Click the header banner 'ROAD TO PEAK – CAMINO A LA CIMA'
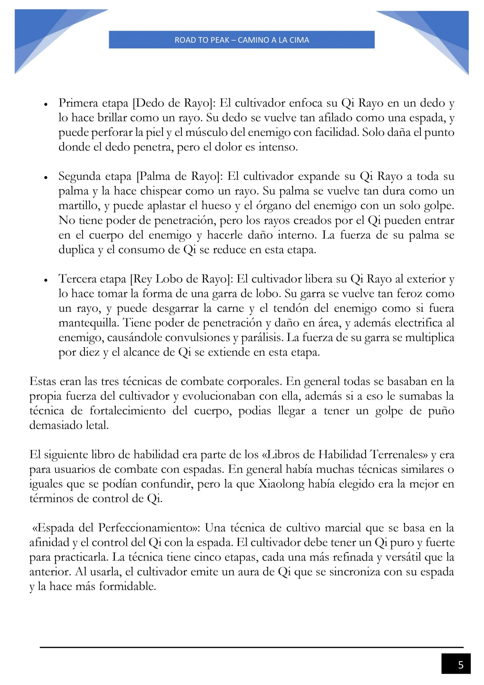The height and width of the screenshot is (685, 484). [242, 40]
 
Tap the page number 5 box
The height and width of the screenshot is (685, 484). [456, 665]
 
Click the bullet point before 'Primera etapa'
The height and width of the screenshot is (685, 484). [46, 104]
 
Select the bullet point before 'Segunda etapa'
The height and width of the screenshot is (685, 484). [46, 177]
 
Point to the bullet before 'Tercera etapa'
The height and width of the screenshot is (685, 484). [46, 280]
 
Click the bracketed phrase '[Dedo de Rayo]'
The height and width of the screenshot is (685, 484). [174, 103]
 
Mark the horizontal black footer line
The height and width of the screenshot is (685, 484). [251, 647]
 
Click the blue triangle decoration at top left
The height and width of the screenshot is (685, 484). [42, 34]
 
